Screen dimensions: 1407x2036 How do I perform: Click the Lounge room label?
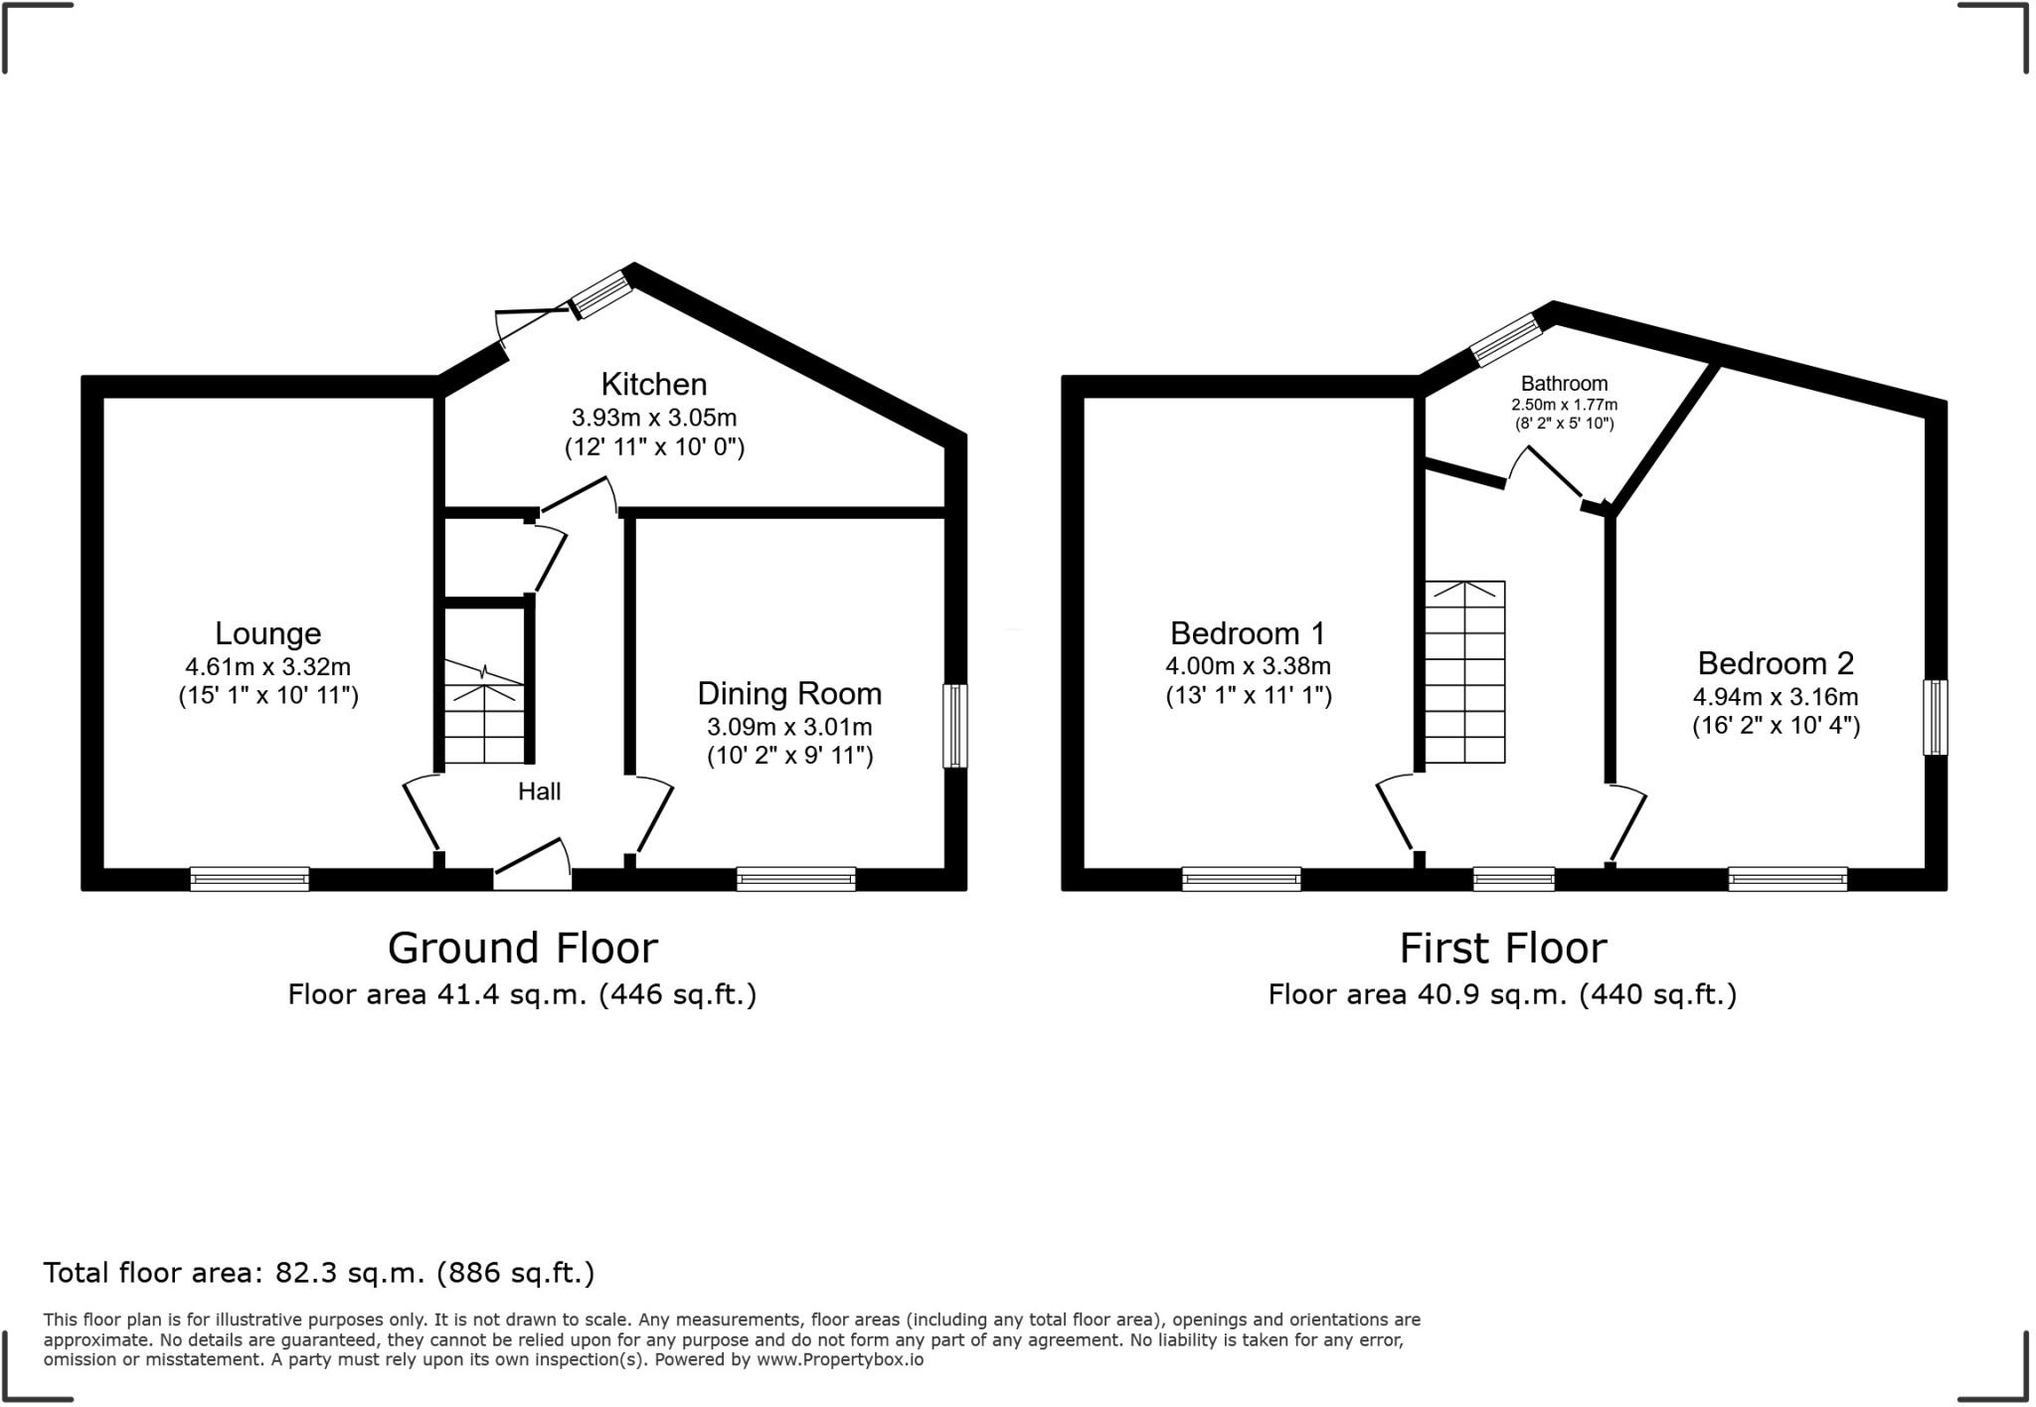tap(267, 633)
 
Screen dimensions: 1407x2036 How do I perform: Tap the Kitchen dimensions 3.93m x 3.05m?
tap(653, 418)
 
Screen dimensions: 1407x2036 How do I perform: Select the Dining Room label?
tap(789, 693)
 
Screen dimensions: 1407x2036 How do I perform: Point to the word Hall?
tap(539, 791)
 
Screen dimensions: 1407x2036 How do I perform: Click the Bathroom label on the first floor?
tap(1564, 384)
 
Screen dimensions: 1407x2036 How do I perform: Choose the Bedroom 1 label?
tap(1248, 633)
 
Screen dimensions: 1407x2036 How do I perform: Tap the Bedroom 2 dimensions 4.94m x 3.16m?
tap(1776, 697)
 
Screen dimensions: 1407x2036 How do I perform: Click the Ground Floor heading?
tap(522, 948)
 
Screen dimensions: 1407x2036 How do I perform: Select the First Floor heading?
tap(1502, 948)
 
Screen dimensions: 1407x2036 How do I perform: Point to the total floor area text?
tap(318, 1273)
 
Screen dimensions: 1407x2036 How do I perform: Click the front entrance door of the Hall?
tap(533, 865)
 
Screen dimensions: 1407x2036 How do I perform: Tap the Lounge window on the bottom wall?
tap(250, 879)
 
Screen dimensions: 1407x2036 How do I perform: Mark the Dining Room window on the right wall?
tap(954, 725)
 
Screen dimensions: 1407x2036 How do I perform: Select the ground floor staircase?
tap(483, 714)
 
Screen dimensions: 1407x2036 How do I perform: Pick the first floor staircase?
tap(1464, 672)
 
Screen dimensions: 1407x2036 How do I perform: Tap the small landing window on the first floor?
tap(1513, 879)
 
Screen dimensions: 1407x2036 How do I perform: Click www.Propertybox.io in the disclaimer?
tap(839, 1359)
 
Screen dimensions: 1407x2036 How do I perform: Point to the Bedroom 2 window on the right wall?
tap(1935, 717)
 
